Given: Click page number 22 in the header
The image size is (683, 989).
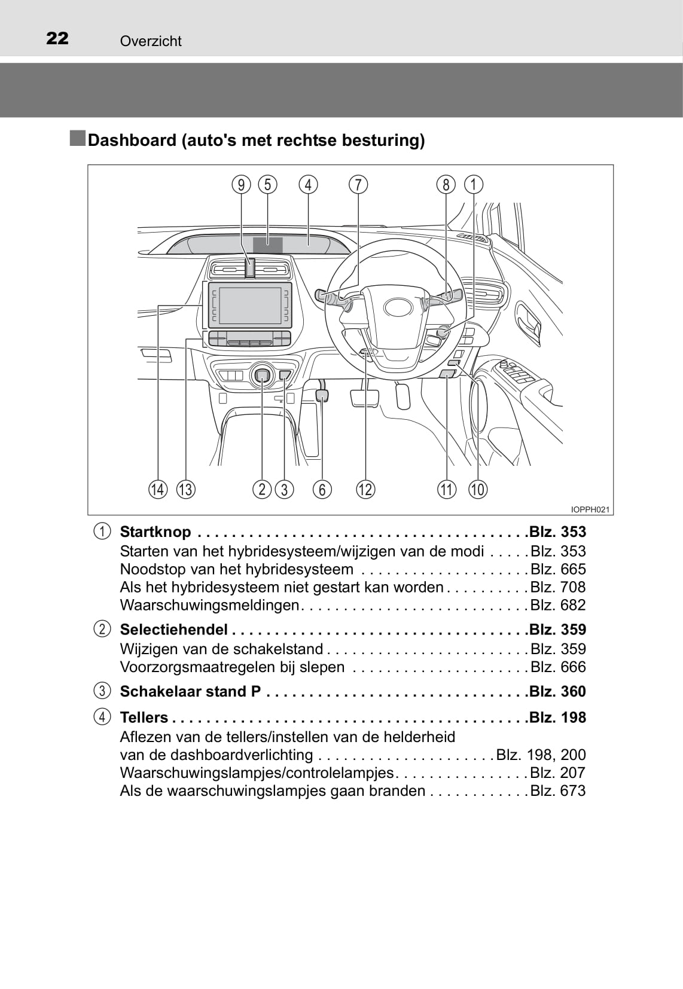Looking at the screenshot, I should coord(57,39).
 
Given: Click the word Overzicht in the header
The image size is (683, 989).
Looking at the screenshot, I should coord(151,41).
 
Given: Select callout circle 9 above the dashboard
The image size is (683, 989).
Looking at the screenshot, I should coord(242,185).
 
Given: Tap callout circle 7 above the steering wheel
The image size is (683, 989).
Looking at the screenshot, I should coord(358,185).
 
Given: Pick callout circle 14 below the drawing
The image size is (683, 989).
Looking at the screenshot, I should coord(158,490).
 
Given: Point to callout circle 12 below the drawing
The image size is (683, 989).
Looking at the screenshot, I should coord(365,490).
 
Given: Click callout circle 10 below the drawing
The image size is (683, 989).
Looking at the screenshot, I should coord(477,490).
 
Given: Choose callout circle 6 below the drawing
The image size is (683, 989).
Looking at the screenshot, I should coord(322,490).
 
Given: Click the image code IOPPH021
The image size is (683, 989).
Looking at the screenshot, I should coord(590,509).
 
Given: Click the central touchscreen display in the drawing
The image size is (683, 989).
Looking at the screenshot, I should coord(251,304).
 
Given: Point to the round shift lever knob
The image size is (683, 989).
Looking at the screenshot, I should coord(263,376).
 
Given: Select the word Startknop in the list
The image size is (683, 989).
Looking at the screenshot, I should coord(155,532).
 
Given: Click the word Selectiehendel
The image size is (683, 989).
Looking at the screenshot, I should coord(173,630).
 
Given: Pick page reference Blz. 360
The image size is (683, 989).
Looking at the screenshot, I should coord(557,692).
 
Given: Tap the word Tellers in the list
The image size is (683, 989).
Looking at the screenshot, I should coord(144,718).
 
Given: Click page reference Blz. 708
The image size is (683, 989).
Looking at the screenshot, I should coord(557,587).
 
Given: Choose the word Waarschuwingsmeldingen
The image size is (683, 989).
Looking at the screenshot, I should coord(209,605).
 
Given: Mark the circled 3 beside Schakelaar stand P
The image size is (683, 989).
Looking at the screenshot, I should coord(102,692).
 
